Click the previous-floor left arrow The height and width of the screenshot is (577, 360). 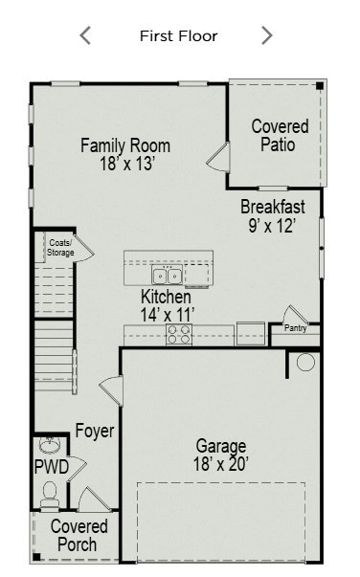click(x=85, y=36)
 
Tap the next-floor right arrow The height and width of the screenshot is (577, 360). click(x=266, y=36)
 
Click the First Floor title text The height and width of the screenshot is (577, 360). click(x=178, y=36)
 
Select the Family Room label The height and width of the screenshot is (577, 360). click(x=124, y=146)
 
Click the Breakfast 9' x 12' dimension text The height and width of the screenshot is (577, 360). click(x=272, y=226)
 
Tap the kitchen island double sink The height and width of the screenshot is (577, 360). click(x=168, y=276)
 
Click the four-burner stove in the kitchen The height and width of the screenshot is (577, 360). click(x=179, y=334)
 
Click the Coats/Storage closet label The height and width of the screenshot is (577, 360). click(x=59, y=248)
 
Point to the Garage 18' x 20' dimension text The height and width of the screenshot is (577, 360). click(x=221, y=464)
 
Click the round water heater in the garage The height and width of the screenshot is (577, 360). click(x=305, y=363)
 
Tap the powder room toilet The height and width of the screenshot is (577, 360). click(x=50, y=493)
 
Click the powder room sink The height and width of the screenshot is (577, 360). click(x=49, y=446)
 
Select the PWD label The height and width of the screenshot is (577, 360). click(x=51, y=468)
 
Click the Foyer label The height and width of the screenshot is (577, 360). click(x=95, y=432)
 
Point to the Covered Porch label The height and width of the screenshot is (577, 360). click(x=79, y=536)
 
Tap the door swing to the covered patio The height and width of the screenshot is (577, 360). click(x=219, y=158)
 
